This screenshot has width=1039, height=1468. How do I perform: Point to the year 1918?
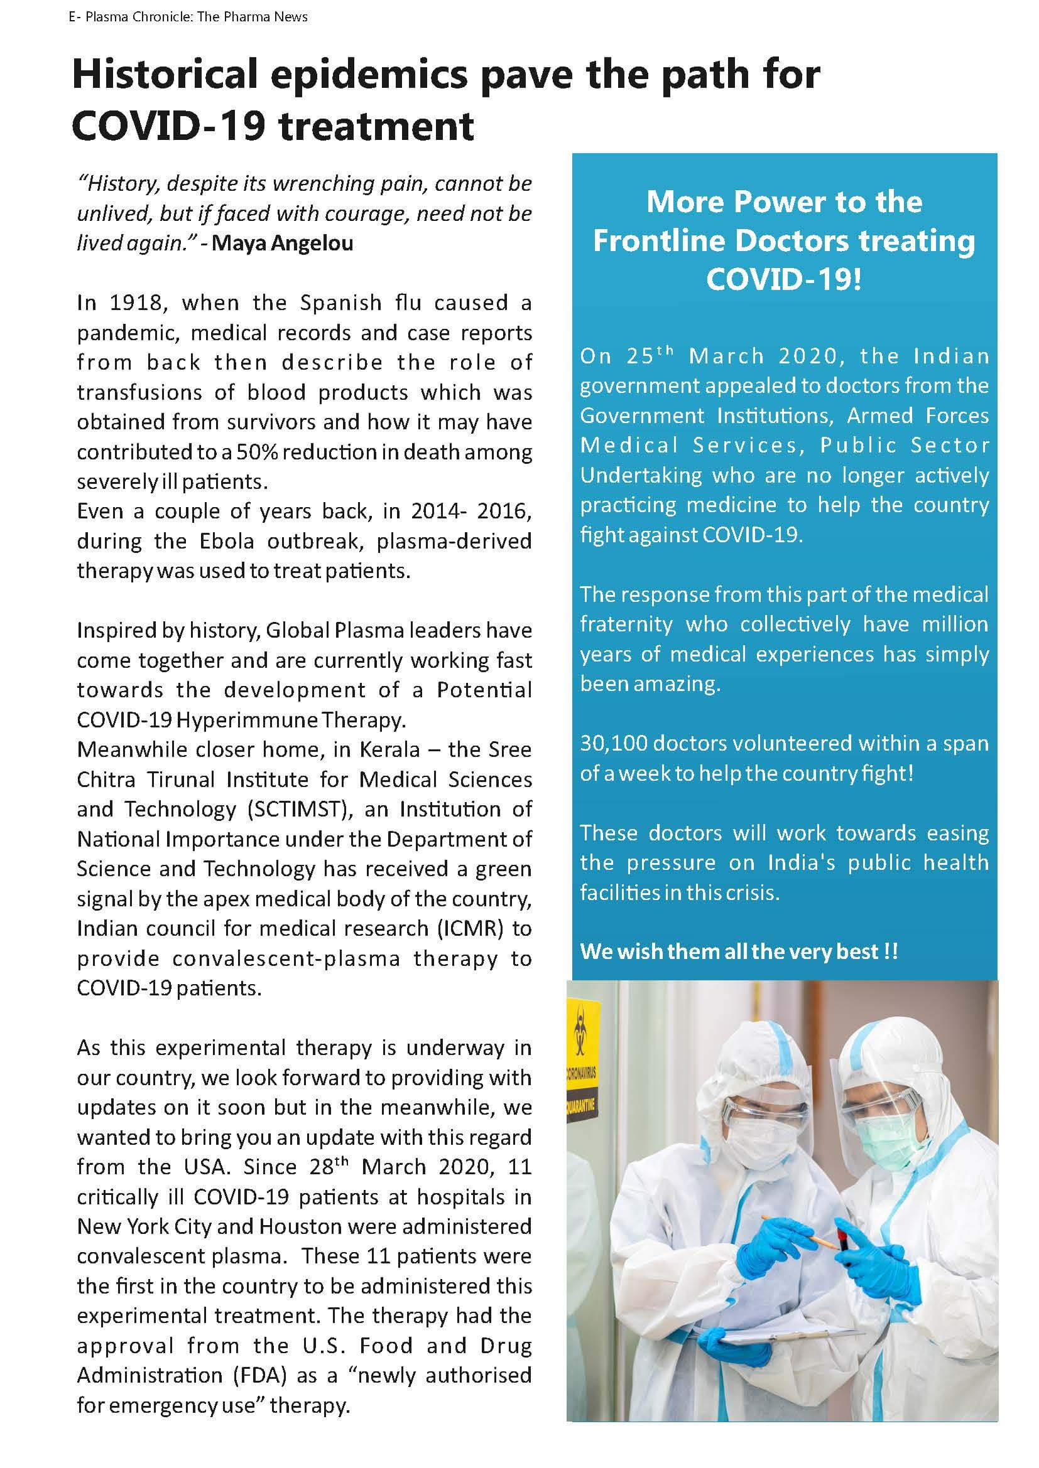click(x=138, y=303)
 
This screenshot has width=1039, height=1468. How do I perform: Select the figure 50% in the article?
click(x=255, y=452)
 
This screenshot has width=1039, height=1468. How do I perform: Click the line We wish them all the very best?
click(x=738, y=951)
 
